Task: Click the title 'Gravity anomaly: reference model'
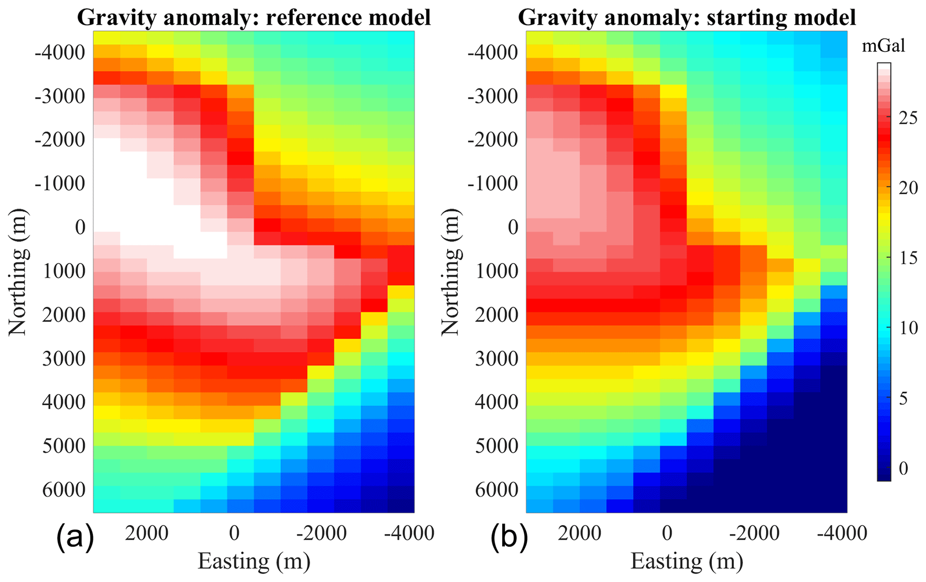pyautogui.click(x=254, y=17)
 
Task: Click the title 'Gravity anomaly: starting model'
pyautogui.click(x=687, y=17)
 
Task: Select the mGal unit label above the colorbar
pyautogui.click(x=884, y=46)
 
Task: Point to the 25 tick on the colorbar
pyautogui.click(x=908, y=118)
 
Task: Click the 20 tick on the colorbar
pyautogui.click(x=908, y=188)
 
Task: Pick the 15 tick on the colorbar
pyautogui.click(x=908, y=258)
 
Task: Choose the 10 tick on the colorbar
pyautogui.click(x=908, y=328)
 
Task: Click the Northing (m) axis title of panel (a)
pyautogui.click(x=18, y=272)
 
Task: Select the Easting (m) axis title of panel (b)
pyautogui.click(x=687, y=561)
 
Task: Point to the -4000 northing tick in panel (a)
pyautogui.click(x=60, y=52)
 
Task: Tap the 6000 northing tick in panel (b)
pyautogui.click(x=497, y=490)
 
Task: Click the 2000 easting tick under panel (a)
pyautogui.click(x=146, y=533)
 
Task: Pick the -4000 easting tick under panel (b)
pyautogui.click(x=842, y=533)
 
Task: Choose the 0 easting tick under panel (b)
pyautogui.click(x=667, y=533)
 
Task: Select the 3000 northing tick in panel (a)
pyautogui.click(x=64, y=359)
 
